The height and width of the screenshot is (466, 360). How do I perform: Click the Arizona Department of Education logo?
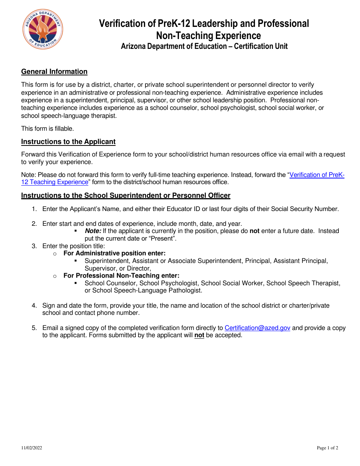43,29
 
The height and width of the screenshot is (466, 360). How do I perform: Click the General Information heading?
54,72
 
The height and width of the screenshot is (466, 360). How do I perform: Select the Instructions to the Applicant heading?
68,142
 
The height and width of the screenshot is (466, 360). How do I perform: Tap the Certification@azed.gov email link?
257,328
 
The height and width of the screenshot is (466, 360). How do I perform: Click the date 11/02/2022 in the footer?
32,448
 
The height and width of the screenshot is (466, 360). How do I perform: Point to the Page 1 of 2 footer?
327,448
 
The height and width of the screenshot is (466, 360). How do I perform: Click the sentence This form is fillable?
47,128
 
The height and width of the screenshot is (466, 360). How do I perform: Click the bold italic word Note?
93,231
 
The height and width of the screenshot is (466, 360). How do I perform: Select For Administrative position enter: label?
114,253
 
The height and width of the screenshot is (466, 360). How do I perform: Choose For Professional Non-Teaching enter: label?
121,275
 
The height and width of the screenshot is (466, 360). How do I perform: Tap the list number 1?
34,209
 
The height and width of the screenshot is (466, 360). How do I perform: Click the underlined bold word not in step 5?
199,335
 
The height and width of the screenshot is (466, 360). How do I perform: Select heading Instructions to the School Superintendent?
125,195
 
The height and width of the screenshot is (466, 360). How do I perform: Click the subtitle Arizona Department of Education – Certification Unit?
204,46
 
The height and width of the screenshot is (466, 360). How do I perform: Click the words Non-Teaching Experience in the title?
208,36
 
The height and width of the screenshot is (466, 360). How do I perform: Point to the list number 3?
34,246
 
